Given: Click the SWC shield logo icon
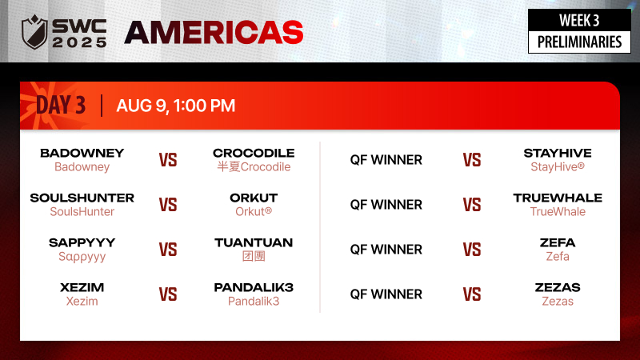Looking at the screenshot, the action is pyautogui.click(x=34, y=32).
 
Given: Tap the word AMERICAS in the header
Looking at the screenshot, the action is pyautogui.click(x=214, y=33).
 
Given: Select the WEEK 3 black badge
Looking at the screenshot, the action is pyautogui.click(x=579, y=20).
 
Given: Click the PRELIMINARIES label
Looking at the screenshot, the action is pyautogui.click(x=579, y=42).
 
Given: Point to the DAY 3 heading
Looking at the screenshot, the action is pyautogui.click(x=61, y=105).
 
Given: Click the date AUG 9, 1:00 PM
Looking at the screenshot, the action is pyautogui.click(x=176, y=106).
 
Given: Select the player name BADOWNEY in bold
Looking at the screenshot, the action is pyautogui.click(x=82, y=153).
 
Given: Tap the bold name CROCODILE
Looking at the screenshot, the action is pyautogui.click(x=254, y=153).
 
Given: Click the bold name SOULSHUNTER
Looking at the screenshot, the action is pyautogui.click(x=82, y=198).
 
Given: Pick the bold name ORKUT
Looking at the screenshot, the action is pyautogui.click(x=254, y=198).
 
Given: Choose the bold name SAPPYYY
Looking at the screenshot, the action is pyautogui.click(x=82, y=243).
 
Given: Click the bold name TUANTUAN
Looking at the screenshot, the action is pyautogui.click(x=254, y=243).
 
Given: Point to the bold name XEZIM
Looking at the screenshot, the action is pyautogui.click(x=82, y=288).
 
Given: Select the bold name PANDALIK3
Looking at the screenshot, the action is pyautogui.click(x=254, y=288).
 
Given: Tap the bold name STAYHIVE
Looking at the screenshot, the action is pyautogui.click(x=558, y=153).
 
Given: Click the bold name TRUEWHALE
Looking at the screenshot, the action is pyautogui.click(x=558, y=198).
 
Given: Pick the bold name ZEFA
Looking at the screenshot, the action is pyautogui.click(x=558, y=243).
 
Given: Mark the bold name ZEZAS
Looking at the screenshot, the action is pyautogui.click(x=558, y=288).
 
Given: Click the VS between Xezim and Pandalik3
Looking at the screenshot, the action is pyautogui.click(x=168, y=294).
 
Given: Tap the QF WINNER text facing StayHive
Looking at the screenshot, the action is pyautogui.click(x=386, y=160).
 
